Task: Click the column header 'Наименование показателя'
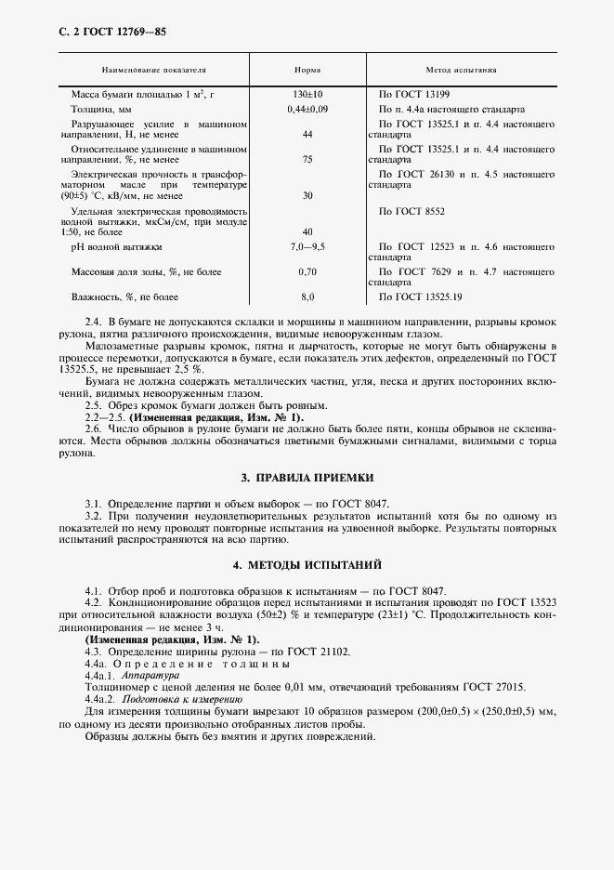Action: [x=154, y=71]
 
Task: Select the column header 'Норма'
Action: [x=307, y=71]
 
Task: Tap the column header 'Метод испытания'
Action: [x=461, y=71]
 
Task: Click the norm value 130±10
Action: [x=307, y=95]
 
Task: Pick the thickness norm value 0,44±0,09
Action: [x=307, y=110]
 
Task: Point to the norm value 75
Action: [x=307, y=159]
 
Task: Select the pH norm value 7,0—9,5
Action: [x=307, y=246]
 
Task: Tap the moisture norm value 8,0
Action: [x=307, y=297]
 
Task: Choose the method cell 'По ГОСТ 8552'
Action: [x=412, y=211]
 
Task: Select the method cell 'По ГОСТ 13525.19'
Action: [x=420, y=297]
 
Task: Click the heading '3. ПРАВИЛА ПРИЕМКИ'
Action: [x=307, y=477]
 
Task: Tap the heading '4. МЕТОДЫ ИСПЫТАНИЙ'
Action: [x=307, y=565]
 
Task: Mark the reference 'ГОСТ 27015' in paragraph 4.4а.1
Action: [x=494, y=687]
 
